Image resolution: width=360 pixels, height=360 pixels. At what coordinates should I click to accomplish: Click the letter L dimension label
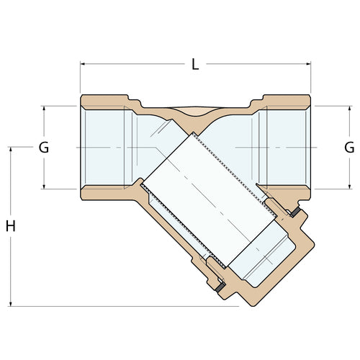coord(195,64)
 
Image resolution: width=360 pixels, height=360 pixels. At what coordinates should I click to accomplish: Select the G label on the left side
coord(44,148)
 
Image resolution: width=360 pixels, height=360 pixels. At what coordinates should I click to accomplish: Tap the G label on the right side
coord(349,148)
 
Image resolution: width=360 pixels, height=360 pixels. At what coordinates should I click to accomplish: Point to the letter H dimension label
coord(11,226)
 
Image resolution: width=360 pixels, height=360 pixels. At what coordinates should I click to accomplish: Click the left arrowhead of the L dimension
coord(83,64)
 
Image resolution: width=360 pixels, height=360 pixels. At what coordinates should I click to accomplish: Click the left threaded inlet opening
coord(104,148)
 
